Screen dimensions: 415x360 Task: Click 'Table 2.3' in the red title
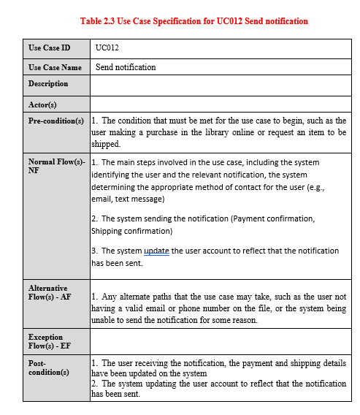(x=102, y=21)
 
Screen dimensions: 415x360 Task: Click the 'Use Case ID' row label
(x=50, y=48)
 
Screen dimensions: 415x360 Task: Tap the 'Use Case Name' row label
(x=55, y=67)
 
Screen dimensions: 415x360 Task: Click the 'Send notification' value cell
(x=126, y=67)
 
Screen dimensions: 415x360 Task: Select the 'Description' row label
(x=48, y=84)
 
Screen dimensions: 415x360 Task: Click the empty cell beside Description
(x=219, y=85)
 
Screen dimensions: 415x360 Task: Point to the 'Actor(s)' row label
(x=42, y=104)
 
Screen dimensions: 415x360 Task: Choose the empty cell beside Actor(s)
(x=219, y=104)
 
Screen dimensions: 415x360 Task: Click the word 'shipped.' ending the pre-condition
(x=105, y=145)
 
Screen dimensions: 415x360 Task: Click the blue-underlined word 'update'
(x=156, y=251)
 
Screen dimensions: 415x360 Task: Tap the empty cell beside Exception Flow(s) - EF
(x=219, y=342)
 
